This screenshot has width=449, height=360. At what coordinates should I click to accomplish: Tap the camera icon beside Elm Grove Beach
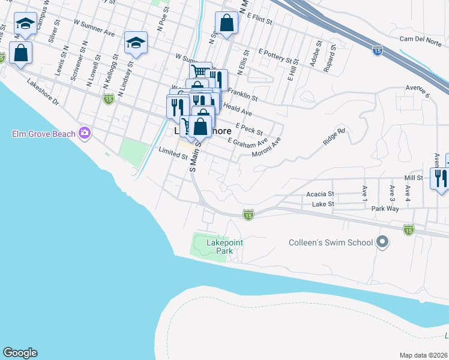85,133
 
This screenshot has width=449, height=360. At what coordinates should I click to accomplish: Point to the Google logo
20,353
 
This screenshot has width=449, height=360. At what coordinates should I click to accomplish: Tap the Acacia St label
319,194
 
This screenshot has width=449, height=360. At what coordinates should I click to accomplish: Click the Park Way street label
385,209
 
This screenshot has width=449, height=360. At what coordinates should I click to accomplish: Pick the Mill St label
414,178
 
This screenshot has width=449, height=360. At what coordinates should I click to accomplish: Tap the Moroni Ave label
267,149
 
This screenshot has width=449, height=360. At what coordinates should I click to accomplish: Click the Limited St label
173,154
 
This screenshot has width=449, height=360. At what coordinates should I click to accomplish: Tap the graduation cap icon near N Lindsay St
136,43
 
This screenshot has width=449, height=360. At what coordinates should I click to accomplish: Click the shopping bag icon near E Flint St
226,25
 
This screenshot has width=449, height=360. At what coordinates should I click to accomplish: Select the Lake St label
322,205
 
